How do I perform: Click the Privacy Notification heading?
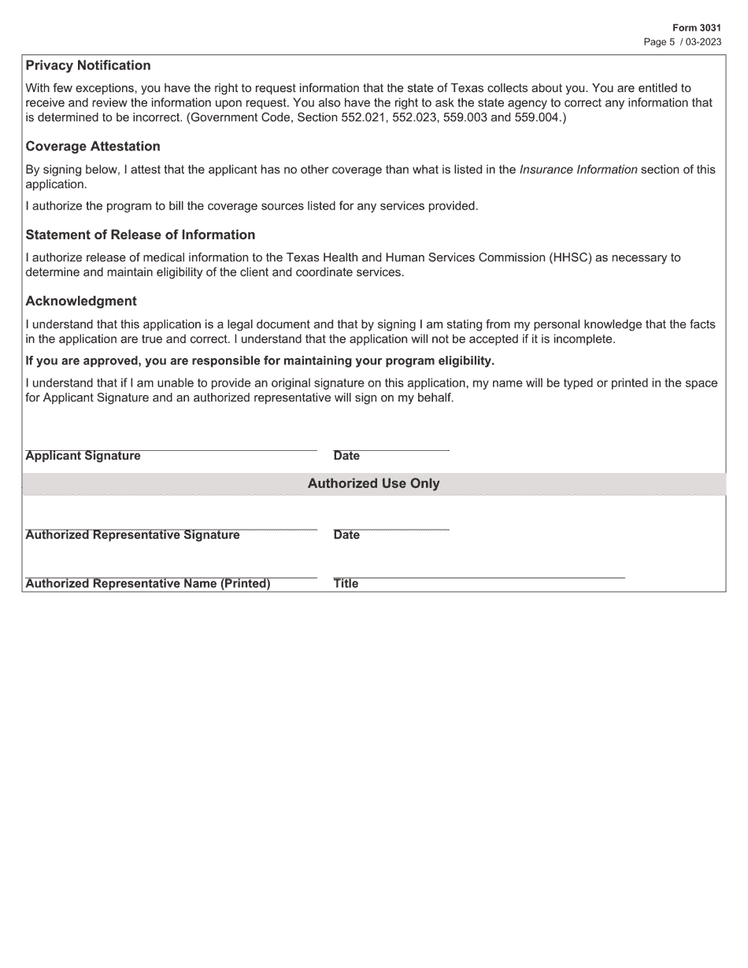[x=87, y=65]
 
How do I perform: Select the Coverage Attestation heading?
[x=92, y=146]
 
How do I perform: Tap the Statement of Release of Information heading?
[x=140, y=235]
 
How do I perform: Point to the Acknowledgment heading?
[x=80, y=301]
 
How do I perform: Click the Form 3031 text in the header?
[x=696, y=28]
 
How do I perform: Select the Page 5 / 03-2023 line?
[x=682, y=42]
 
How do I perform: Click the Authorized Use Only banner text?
[x=373, y=483]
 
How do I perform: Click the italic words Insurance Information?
[x=578, y=169]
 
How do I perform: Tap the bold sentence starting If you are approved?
[x=260, y=360]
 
